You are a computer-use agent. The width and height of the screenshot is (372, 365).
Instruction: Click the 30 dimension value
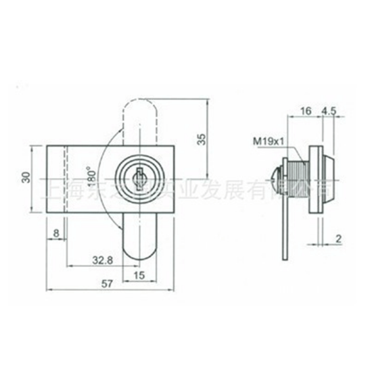[26, 177]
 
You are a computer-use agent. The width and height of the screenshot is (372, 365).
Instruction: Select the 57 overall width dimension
[107, 285]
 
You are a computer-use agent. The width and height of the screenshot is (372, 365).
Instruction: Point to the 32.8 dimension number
[103, 259]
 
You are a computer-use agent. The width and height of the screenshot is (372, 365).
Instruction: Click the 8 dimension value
[55, 233]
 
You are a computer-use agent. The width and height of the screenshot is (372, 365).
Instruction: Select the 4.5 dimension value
[330, 110]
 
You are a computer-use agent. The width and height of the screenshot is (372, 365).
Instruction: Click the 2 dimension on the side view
[337, 238]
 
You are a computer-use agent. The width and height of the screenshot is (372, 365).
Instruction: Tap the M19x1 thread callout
[266, 142]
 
